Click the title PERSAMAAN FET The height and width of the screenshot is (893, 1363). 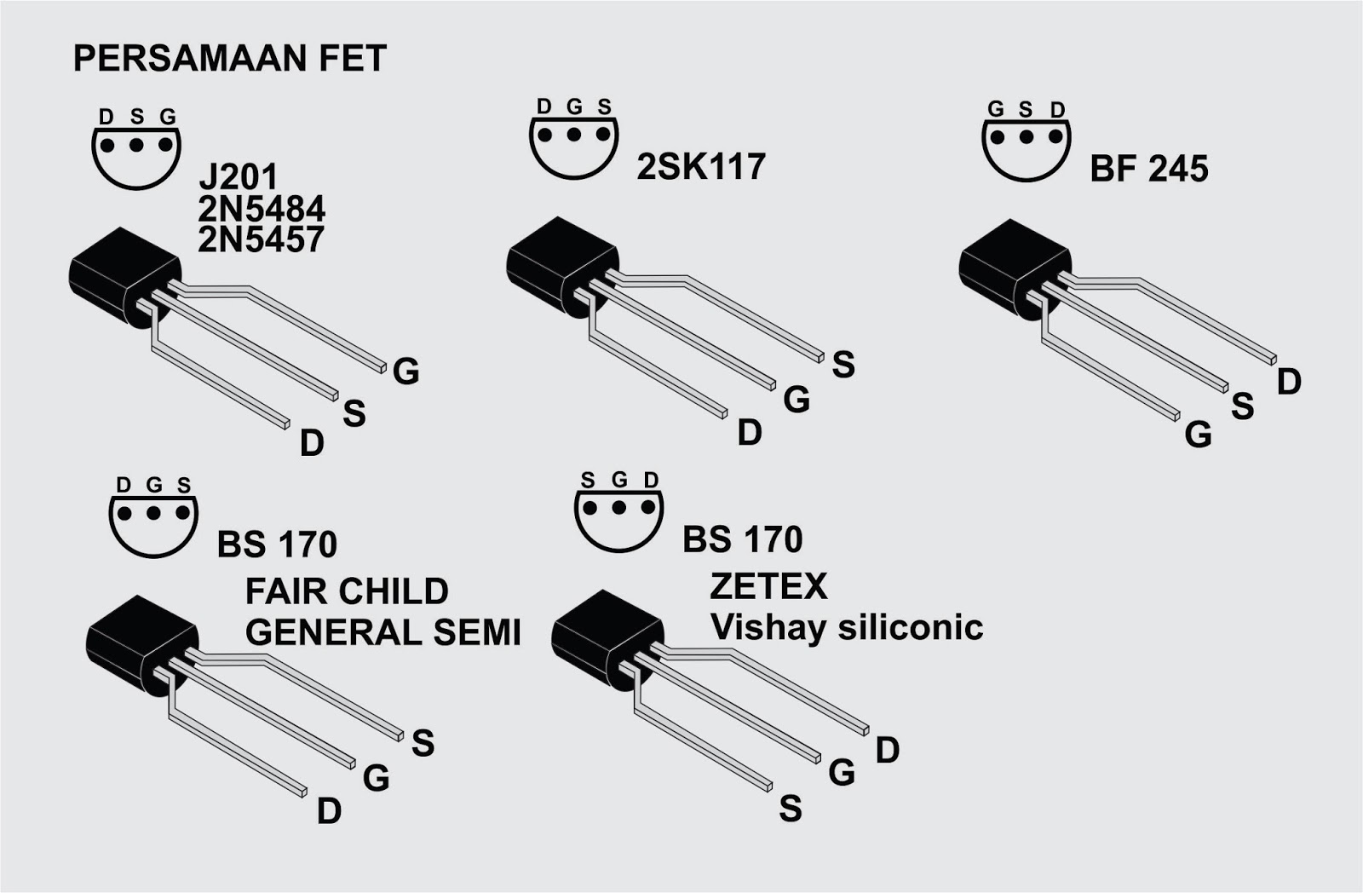[230, 59]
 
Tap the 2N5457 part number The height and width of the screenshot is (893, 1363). [262, 240]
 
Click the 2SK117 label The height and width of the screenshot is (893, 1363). [701, 167]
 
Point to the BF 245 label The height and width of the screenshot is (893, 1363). [1149, 170]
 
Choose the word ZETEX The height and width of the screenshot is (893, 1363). [768, 586]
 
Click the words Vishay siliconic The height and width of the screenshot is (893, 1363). [847, 627]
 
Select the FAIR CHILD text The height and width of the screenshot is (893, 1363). [347, 591]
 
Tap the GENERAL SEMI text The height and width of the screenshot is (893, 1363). [383, 632]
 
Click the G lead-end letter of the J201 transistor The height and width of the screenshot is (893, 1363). [406, 372]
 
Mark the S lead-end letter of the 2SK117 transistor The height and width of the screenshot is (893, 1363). [843, 365]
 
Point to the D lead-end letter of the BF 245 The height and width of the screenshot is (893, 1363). [1289, 383]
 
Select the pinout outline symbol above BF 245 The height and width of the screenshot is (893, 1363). [1027, 145]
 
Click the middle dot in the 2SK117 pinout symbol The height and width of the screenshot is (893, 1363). [574, 135]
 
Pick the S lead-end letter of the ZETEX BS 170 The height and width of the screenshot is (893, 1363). [791, 808]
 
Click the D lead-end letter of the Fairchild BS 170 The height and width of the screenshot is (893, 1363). [329, 811]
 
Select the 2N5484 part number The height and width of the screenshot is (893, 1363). [262, 209]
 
